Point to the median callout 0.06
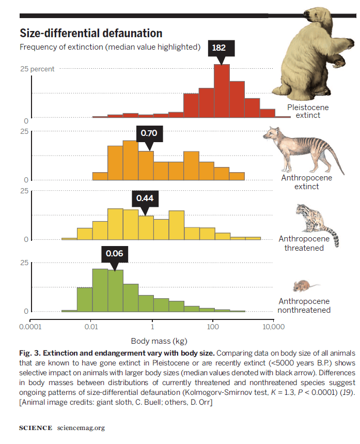pos(115,253)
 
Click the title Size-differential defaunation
pos(91,34)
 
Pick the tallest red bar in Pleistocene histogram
pos(222,92)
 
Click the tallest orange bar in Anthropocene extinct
pos(130,160)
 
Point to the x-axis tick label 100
pos(212,327)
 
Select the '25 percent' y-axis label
pos(37,69)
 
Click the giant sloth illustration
pos(312,52)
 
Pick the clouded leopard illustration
pos(315,220)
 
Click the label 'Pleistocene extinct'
pos(308,111)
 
